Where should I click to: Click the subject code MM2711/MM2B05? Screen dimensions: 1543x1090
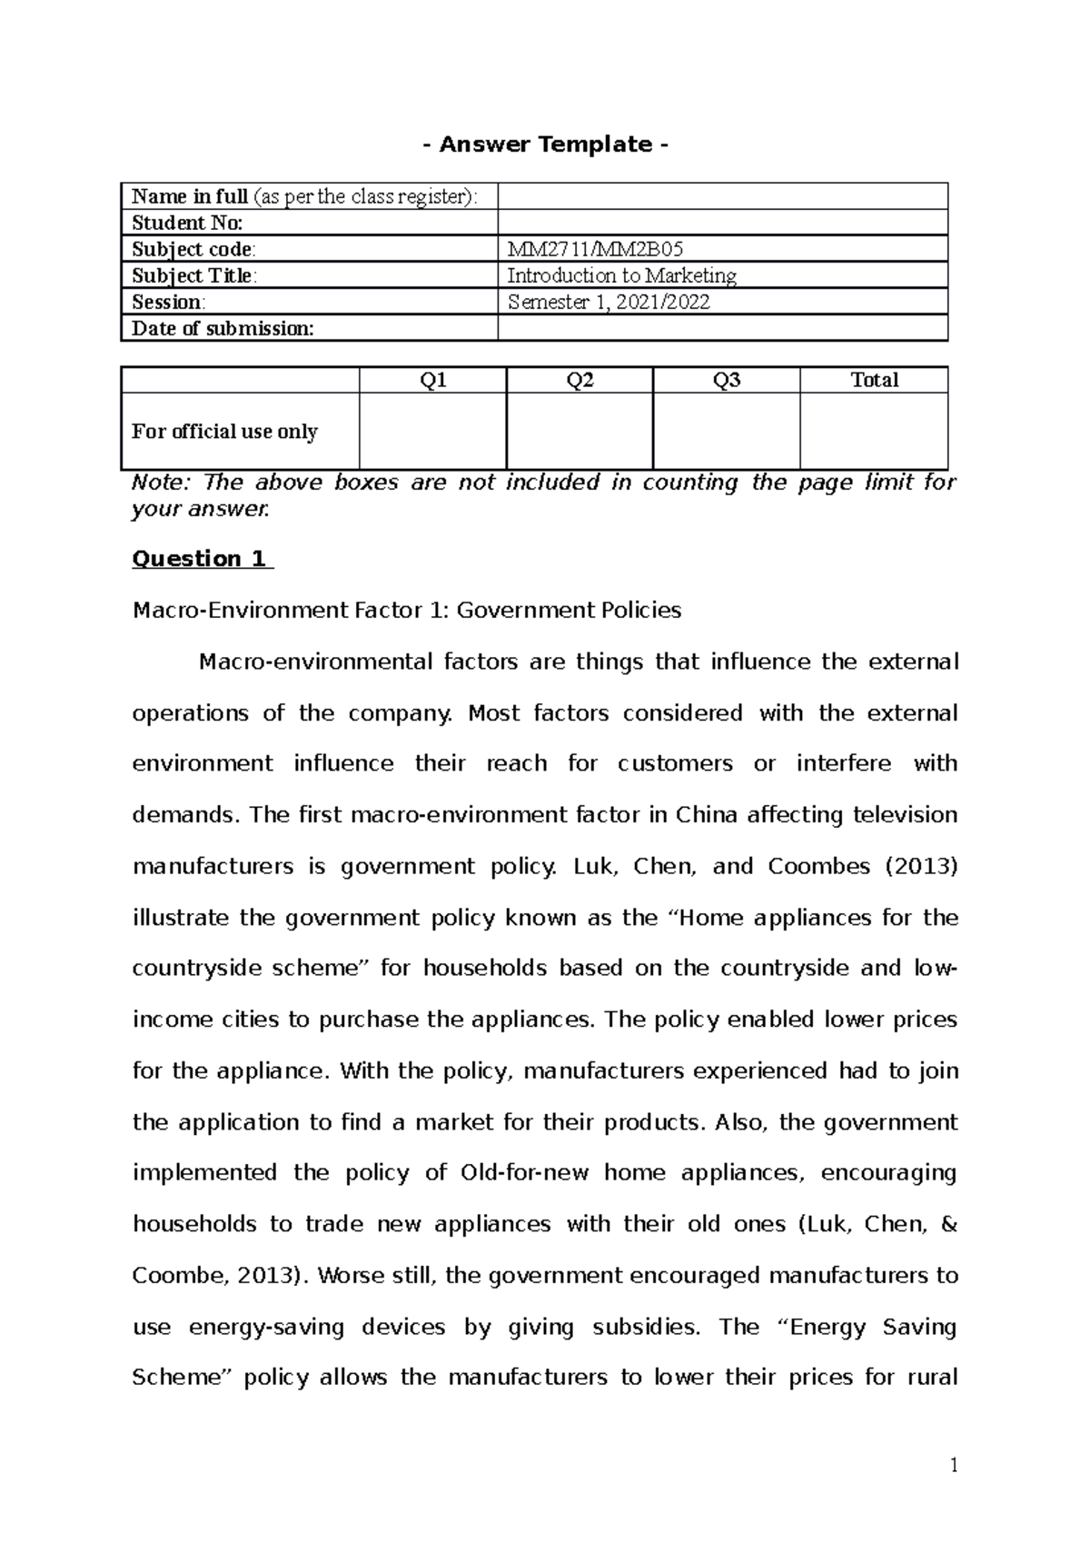(595, 249)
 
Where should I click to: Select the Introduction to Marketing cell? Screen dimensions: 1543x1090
(621, 275)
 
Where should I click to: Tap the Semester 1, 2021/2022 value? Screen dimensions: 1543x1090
(608, 302)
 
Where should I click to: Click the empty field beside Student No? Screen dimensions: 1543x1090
(722, 223)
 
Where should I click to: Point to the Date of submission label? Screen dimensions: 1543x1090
(223, 328)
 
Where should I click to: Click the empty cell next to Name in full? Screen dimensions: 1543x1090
(722, 196)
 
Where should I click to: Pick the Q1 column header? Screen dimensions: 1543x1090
(432, 380)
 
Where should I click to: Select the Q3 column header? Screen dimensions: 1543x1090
(727, 380)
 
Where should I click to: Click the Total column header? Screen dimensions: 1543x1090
(874, 380)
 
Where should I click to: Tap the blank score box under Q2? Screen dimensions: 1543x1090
(580, 431)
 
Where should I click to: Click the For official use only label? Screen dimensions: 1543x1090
(224, 431)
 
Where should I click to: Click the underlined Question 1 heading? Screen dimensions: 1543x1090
(201, 559)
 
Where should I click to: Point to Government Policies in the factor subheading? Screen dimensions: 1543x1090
(569, 610)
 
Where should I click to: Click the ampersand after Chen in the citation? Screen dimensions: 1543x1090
(949, 1224)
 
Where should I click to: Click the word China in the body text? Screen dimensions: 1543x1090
(706, 814)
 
